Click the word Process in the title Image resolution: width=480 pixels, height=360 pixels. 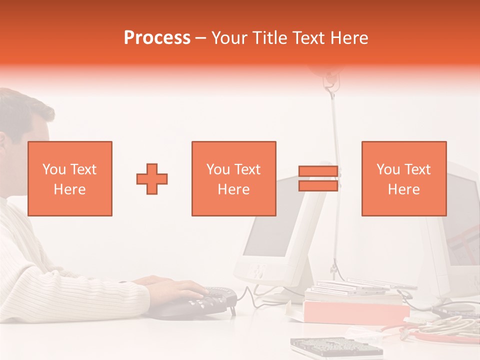(157, 38)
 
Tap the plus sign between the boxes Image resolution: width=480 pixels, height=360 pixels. (152, 178)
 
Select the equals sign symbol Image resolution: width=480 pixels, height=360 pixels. (318, 178)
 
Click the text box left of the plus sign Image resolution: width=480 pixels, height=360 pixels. (69, 178)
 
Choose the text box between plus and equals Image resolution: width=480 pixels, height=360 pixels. (233, 178)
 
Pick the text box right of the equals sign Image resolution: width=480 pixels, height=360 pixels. (403, 178)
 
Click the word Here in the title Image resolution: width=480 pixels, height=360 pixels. (349, 38)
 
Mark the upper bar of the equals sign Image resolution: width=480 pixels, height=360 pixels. (318, 171)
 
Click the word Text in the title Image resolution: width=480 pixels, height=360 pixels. (309, 38)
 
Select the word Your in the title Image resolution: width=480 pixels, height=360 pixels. (230, 38)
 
